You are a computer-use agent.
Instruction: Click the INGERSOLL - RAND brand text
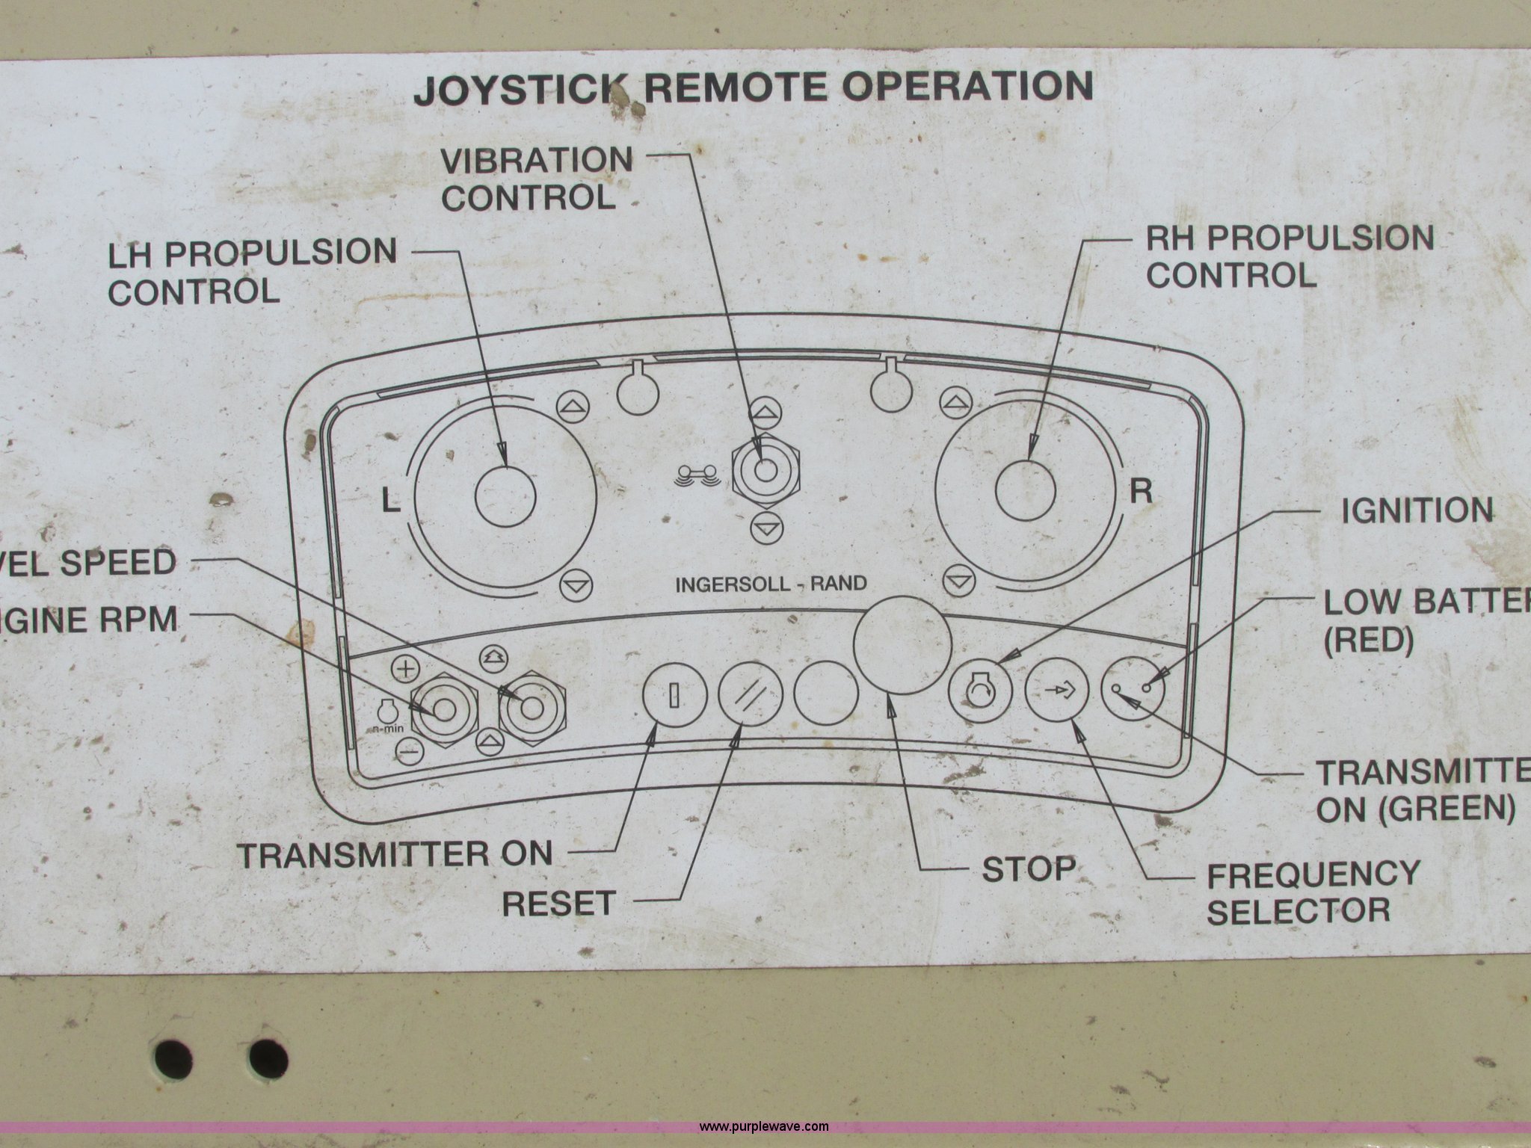pos(771,584)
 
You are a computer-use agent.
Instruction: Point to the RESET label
pos(558,904)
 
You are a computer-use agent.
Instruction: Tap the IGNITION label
pos(1417,511)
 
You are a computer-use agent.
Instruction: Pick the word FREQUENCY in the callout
pos(1313,874)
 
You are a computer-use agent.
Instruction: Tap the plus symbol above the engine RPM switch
pos(406,668)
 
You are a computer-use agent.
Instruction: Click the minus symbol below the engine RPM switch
pos(407,750)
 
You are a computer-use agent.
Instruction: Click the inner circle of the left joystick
pos(505,496)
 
